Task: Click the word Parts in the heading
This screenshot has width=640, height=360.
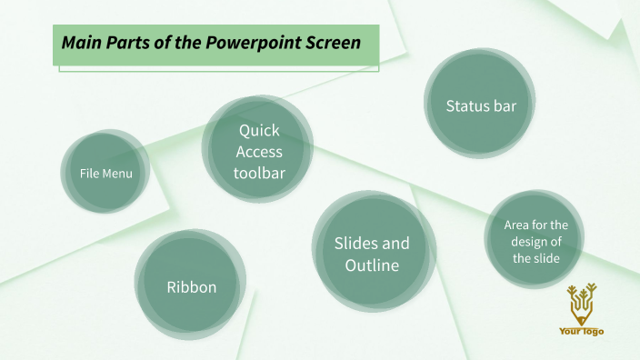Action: [126, 43]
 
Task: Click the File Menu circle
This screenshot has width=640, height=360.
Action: [105, 173]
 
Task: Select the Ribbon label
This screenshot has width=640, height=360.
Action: [191, 287]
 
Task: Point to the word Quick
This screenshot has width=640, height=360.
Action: [259, 131]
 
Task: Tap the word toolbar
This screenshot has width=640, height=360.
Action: [259, 173]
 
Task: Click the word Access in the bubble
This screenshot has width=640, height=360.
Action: [259, 152]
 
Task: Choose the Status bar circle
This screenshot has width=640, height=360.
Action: [480, 106]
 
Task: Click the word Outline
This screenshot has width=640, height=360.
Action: [372, 265]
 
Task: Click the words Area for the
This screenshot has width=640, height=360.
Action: [535, 225]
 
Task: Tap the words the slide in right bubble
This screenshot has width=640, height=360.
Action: [535, 257]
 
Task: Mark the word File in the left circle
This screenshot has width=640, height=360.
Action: [88, 173]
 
